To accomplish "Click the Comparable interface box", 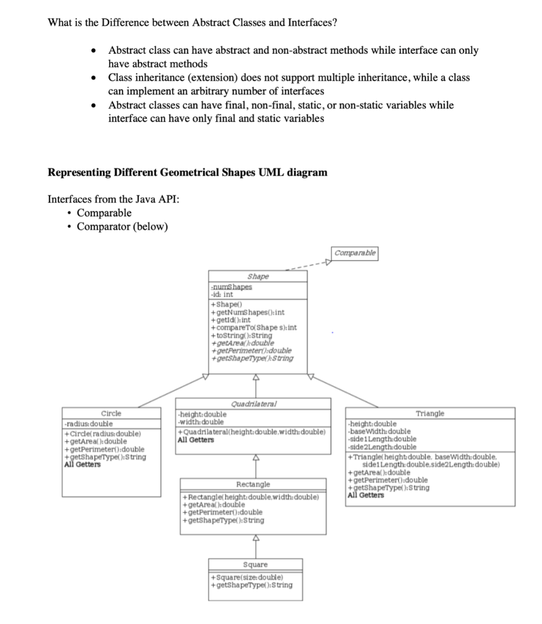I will point(355,252).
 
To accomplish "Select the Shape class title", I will point(258,276).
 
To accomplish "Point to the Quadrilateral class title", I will point(253,403).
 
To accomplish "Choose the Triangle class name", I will point(430,413).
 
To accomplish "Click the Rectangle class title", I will point(253,484).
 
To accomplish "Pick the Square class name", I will point(255,565).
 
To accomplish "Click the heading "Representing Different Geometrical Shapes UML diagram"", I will point(187,172).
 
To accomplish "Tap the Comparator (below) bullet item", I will point(122,227).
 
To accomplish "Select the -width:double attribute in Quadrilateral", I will point(200,422).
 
